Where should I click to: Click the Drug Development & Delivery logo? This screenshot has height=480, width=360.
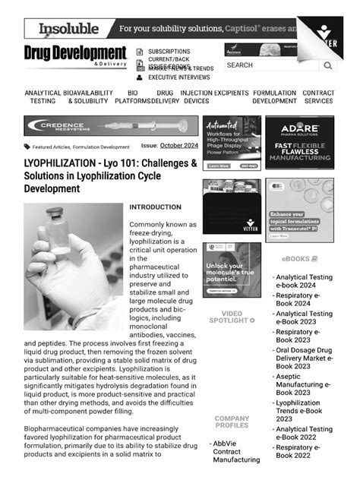tap(74, 55)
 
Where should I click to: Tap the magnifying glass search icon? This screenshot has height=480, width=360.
tap(327, 66)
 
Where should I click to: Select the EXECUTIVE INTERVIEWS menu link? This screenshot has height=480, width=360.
tap(178, 77)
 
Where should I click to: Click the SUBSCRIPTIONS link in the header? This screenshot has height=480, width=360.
tap(169, 52)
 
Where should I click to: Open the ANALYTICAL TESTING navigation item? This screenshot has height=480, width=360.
tap(43, 97)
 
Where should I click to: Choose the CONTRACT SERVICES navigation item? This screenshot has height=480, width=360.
tap(318, 97)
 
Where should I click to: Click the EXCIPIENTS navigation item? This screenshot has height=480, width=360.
tap(231, 93)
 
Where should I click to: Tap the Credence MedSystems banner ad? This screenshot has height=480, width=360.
tap(110, 126)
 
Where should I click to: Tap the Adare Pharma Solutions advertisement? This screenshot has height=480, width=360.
tap(299, 143)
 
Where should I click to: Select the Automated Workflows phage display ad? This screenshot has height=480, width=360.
tap(231, 143)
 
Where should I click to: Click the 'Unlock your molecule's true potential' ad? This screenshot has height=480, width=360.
tap(231, 270)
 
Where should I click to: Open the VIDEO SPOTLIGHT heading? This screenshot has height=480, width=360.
tap(232, 317)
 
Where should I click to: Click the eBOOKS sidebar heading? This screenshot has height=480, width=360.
tap(299, 259)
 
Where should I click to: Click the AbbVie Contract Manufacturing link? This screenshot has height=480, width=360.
tap(236, 451)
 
